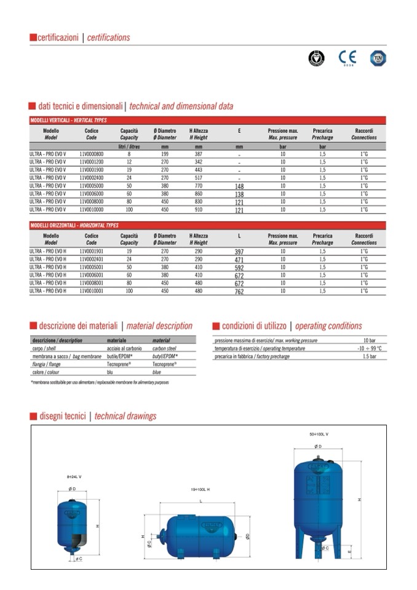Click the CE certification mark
click(x=347, y=58)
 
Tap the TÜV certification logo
click(x=378, y=58)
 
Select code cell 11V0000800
click(x=92, y=154)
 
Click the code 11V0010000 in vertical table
click(x=92, y=210)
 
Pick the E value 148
click(x=239, y=186)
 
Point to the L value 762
click(x=239, y=292)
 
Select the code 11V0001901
click(x=92, y=252)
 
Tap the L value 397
click(x=239, y=252)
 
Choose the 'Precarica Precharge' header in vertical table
click(x=322, y=134)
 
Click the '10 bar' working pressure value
click(x=369, y=340)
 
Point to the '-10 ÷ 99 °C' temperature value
click(x=369, y=348)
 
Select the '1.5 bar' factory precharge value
click(x=369, y=356)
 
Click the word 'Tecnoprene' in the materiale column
click(x=119, y=364)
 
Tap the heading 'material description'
click(x=158, y=326)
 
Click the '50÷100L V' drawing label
click(x=319, y=434)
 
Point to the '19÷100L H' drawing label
click(x=199, y=489)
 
